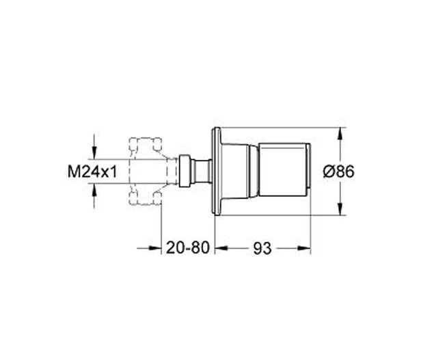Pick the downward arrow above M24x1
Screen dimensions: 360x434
93,152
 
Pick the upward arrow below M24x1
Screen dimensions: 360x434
93,192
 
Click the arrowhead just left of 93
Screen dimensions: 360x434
220,249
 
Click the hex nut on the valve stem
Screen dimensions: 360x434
184,171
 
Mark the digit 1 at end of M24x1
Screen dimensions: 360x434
113,172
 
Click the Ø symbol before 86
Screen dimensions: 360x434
327,172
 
